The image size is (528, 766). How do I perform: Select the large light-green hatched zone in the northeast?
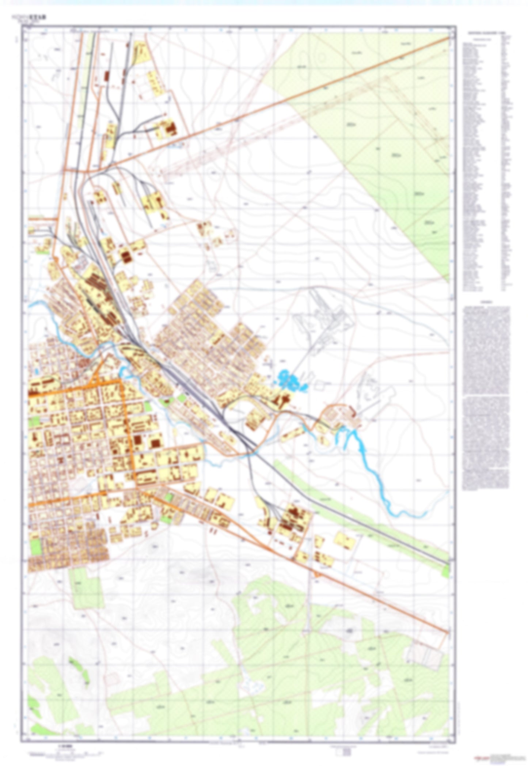pos(395,146)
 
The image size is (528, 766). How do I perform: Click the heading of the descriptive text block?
pos(486,303)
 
